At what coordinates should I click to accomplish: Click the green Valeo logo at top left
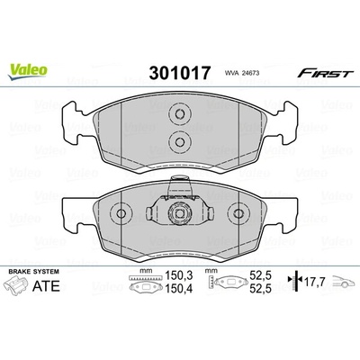[x=28, y=72]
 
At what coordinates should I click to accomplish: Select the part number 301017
[x=180, y=73]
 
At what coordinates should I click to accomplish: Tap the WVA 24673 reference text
[x=241, y=73]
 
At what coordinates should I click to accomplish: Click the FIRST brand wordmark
[x=324, y=73]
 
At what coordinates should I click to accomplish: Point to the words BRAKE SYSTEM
[x=34, y=272]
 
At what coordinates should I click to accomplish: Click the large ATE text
[x=46, y=286]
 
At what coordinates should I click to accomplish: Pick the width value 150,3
[x=179, y=275]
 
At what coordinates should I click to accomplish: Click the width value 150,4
[x=179, y=288]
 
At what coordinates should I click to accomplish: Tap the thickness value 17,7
[x=315, y=282]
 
